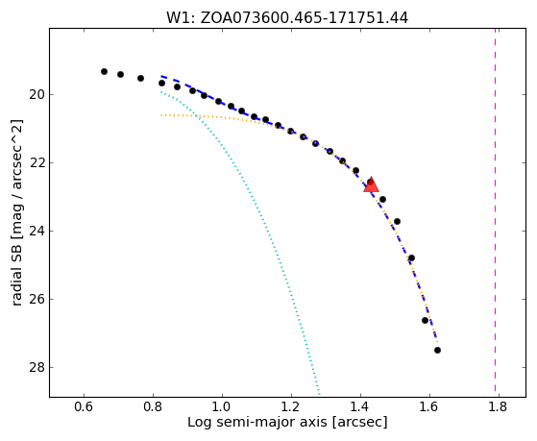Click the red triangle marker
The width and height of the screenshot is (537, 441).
(371, 185)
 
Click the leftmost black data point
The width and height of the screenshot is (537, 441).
(104, 71)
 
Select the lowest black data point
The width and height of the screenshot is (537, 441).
(437, 350)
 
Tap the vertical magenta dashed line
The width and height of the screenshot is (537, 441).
(496, 212)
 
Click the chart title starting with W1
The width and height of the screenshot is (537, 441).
(287, 18)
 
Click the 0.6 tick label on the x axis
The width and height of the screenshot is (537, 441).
(84, 406)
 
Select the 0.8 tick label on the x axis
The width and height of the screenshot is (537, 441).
(153, 406)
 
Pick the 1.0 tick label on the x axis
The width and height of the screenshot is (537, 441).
(222, 406)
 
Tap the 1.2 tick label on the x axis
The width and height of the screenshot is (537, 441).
(291, 406)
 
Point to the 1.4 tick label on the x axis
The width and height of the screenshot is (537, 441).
(360, 406)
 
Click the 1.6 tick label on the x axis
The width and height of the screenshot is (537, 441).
(429, 406)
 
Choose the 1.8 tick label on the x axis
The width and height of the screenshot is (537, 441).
(499, 406)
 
